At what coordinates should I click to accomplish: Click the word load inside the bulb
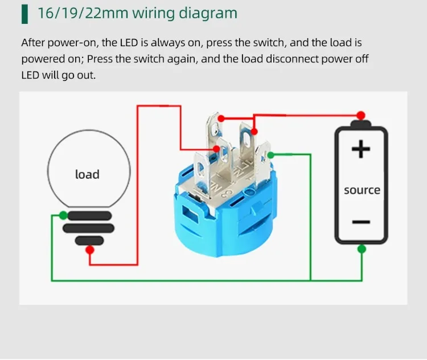tap(87, 174)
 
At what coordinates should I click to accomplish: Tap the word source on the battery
tap(362, 190)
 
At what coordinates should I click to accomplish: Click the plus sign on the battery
tap(360, 149)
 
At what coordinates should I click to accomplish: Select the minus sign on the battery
tap(361, 222)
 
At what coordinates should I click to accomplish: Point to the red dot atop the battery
tap(360, 114)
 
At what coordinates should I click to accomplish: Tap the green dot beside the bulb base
tap(62, 215)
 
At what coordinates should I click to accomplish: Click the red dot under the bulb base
tap(89, 250)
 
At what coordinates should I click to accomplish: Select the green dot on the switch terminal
tap(270, 155)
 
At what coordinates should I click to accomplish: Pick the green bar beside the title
tap(24, 13)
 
